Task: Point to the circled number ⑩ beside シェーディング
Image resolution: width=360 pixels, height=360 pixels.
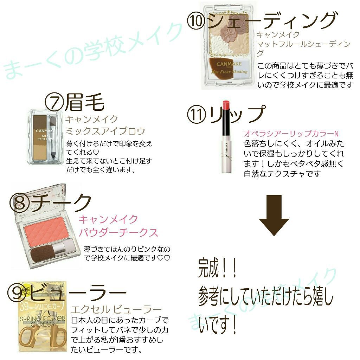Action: pos(197,21)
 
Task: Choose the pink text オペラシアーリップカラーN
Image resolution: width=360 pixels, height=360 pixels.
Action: pos(291,134)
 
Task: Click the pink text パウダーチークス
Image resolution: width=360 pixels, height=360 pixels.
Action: pos(118,233)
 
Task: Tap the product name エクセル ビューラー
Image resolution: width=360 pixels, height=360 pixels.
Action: pos(116,310)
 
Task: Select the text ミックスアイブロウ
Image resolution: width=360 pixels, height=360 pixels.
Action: pos(105,131)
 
